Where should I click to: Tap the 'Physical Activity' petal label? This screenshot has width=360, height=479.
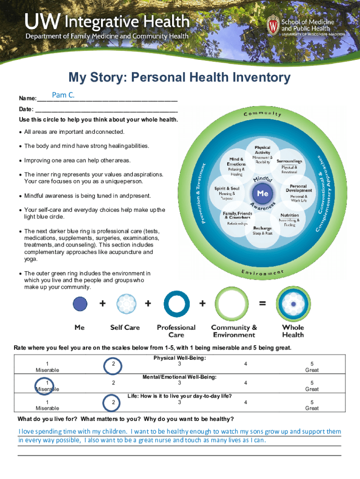[262, 150]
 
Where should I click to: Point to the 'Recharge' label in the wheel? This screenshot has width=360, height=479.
[262, 228]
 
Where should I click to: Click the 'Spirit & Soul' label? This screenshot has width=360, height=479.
[227, 189]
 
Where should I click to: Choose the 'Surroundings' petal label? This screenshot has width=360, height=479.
[289, 161]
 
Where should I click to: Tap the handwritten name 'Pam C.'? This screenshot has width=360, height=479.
[63, 96]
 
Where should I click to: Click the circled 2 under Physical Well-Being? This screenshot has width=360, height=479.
[113, 364]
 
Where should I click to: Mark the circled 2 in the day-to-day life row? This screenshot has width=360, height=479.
[113, 402]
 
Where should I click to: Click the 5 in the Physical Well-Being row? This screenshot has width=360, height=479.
[312, 364]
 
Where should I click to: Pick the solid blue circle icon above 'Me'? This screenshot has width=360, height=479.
[80, 304]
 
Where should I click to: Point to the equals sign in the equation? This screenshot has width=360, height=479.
[263, 304]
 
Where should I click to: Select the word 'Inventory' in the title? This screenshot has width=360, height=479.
[259, 77]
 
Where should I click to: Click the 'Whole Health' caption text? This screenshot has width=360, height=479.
[293, 331]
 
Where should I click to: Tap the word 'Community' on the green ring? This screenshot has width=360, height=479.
[262, 114]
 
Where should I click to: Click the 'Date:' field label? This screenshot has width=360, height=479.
[26, 109]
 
